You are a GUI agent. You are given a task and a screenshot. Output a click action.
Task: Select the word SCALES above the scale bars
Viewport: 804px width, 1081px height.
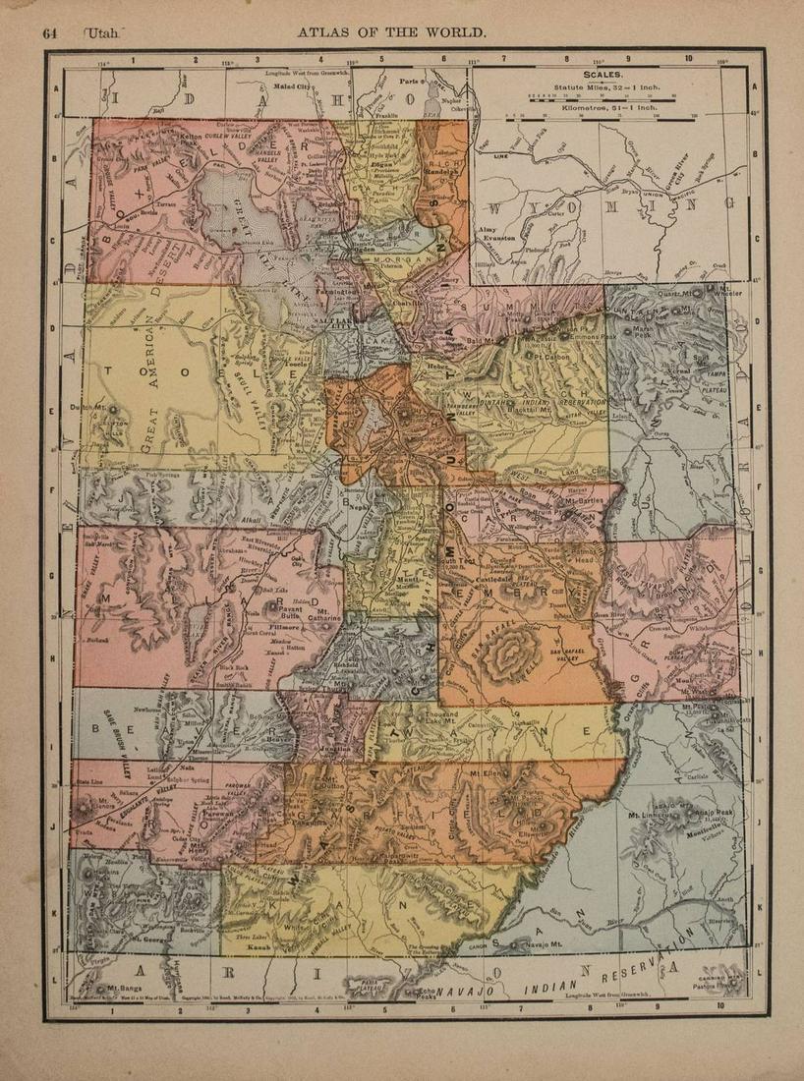click(603, 75)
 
